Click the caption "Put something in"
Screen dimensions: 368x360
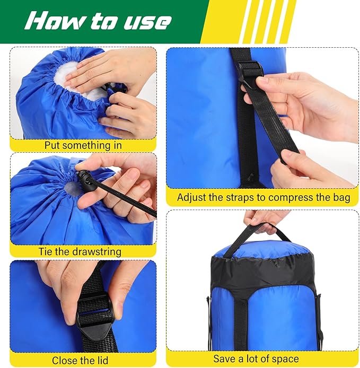83,145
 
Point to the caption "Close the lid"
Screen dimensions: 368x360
80,360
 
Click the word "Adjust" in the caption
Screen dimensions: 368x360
191,197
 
